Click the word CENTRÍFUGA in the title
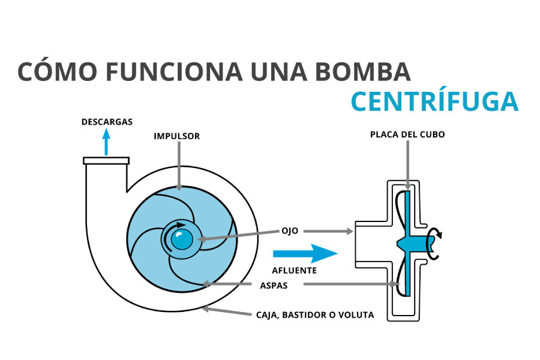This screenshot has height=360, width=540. pos(434,101)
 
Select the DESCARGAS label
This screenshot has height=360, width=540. pos(107,122)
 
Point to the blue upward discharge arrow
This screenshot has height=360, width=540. pos(107,143)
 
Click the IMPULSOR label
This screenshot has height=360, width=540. pos(176,136)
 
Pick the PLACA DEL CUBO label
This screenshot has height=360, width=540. pos(407,134)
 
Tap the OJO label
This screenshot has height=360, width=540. pos(290,230)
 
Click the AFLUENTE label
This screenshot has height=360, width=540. pos(295,270)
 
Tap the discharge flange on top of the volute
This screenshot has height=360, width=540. pos(106,161)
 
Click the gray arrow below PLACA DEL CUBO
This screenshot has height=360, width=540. pos(407,164)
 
